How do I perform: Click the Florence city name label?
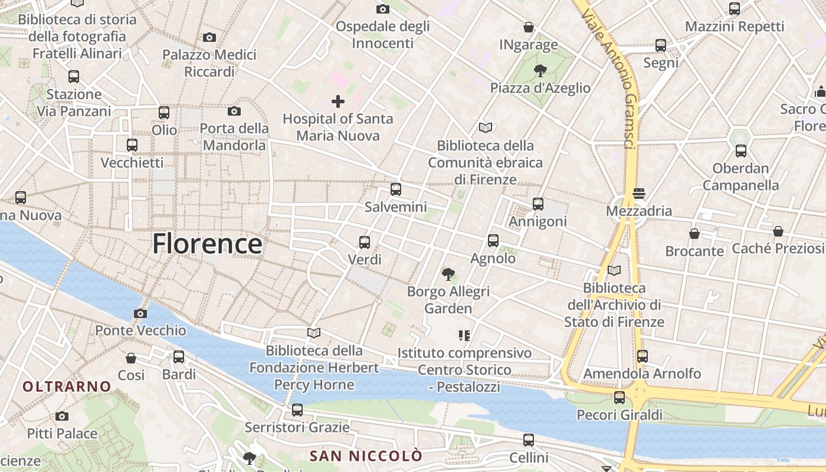pyautogui.click(x=207, y=244)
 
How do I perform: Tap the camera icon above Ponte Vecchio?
pyautogui.click(x=140, y=313)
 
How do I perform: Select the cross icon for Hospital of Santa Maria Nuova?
pyautogui.click(x=337, y=101)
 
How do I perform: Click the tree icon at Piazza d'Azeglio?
pyautogui.click(x=539, y=71)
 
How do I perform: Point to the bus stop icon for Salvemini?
pyautogui.click(x=395, y=189)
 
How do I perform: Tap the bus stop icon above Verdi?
pyautogui.click(x=365, y=242)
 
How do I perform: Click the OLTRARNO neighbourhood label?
pyautogui.click(x=67, y=387)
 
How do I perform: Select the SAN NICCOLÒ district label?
pyautogui.click(x=366, y=456)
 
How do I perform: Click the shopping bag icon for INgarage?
pyautogui.click(x=529, y=27)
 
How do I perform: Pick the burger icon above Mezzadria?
pyautogui.click(x=638, y=194)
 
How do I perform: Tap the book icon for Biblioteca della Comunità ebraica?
pyautogui.click(x=486, y=127)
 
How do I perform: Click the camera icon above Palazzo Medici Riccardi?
pyautogui.click(x=209, y=38)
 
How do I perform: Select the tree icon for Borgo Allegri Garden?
pyautogui.click(x=448, y=274)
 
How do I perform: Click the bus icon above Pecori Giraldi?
pyautogui.click(x=619, y=398)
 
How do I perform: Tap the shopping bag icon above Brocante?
pyautogui.click(x=694, y=234)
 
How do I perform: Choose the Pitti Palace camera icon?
pyautogui.click(x=62, y=417)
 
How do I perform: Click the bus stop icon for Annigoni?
pyautogui.click(x=537, y=204)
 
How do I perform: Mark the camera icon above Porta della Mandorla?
pyautogui.click(x=234, y=111)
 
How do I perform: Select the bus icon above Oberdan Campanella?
pyautogui.click(x=740, y=151)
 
